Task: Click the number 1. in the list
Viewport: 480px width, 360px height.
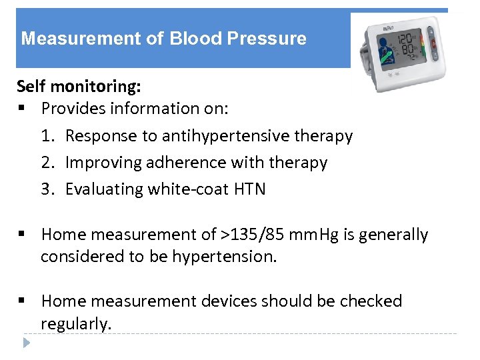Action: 48,136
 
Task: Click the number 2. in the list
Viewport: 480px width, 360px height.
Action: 48,163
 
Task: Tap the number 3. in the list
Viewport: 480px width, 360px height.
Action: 48,189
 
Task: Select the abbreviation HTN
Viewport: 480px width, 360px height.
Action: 250,189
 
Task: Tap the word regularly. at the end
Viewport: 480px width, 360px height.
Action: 77,324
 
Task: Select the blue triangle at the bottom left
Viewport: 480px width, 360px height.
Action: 26,344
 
